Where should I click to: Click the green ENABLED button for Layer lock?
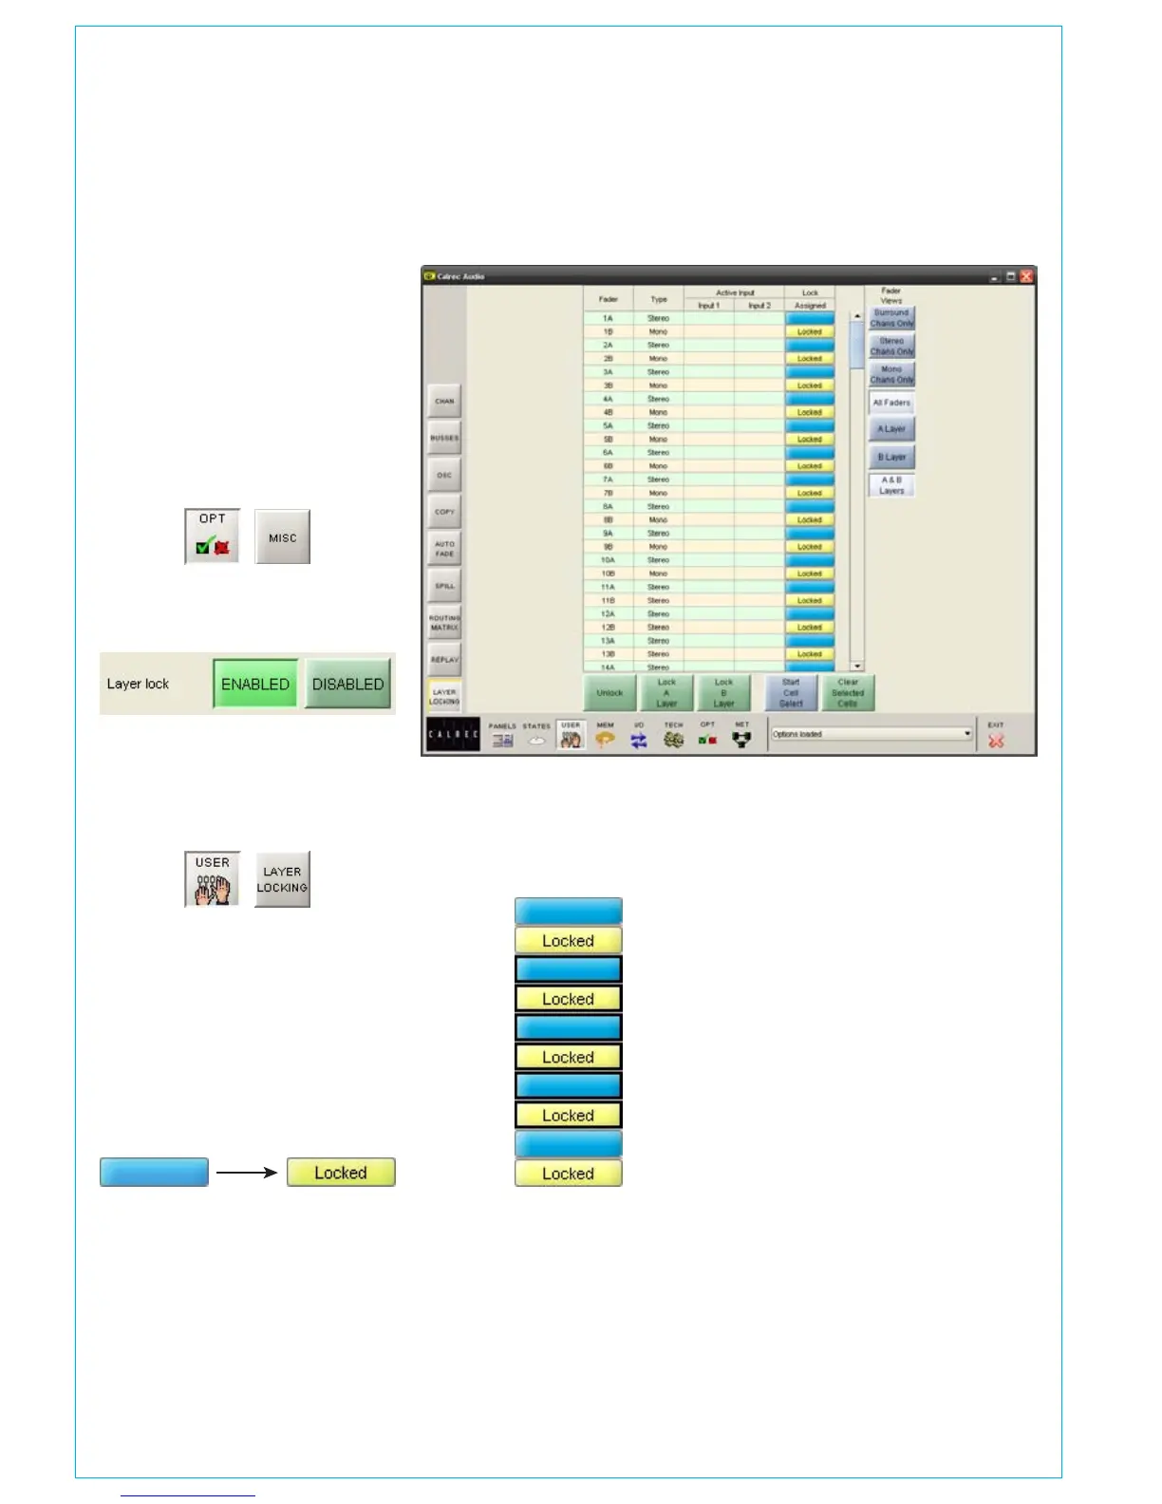point(254,684)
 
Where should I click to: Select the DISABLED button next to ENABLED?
point(347,684)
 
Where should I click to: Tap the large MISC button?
point(282,537)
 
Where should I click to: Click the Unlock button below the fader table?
point(609,693)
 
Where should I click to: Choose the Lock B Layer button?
point(723,693)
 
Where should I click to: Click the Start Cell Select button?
point(791,693)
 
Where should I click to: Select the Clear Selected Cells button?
point(848,693)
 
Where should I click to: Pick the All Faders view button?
point(891,403)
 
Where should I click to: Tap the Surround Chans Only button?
point(891,318)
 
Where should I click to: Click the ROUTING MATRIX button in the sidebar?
point(444,623)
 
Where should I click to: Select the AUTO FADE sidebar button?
point(444,549)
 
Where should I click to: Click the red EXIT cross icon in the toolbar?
point(995,741)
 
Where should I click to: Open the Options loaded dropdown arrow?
point(967,734)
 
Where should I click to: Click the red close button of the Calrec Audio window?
point(1026,276)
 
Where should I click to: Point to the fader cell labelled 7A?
point(608,479)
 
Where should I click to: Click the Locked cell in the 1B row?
point(810,332)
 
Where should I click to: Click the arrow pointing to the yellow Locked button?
point(247,1173)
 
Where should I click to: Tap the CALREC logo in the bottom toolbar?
point(453,735)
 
